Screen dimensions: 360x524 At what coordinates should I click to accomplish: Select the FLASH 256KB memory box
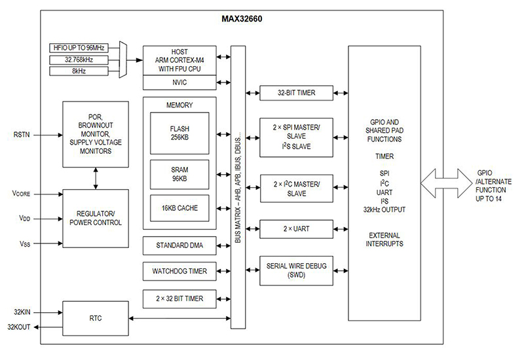point(179,133)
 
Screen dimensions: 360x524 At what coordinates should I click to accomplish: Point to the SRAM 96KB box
point(179,174)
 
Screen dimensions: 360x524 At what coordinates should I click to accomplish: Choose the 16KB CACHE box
point(179,208)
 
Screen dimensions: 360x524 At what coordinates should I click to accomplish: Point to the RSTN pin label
point(22,135)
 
